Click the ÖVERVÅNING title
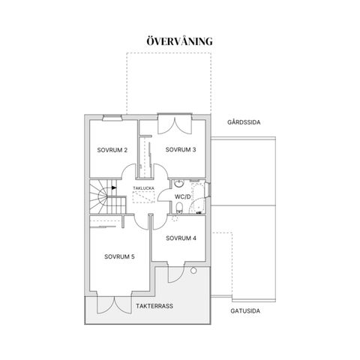[x=179, y=41]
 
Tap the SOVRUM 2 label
[x=112, y=150]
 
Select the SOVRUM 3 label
[x=181, y=149]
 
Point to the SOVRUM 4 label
[x=181, y=238]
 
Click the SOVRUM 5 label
[x=119, y=256]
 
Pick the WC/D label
[x=182, y=196]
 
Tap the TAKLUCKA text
[x=143, y=188]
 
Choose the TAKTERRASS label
[x=154, y=306]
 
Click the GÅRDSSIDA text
[x=244, y=122]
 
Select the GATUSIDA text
[x=245, y=311]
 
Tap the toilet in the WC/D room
[x=179, y=208]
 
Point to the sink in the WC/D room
[x=179, y=184]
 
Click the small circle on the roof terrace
[x=193, y=270]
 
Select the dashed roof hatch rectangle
[x=143, y=196]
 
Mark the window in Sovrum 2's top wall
[x=112, y=118]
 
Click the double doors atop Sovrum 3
[x=175, y=123]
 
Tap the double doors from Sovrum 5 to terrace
[x=114, y=304]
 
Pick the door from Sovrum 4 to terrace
[x=176, y=273]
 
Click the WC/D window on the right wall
[x=208, y=190]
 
